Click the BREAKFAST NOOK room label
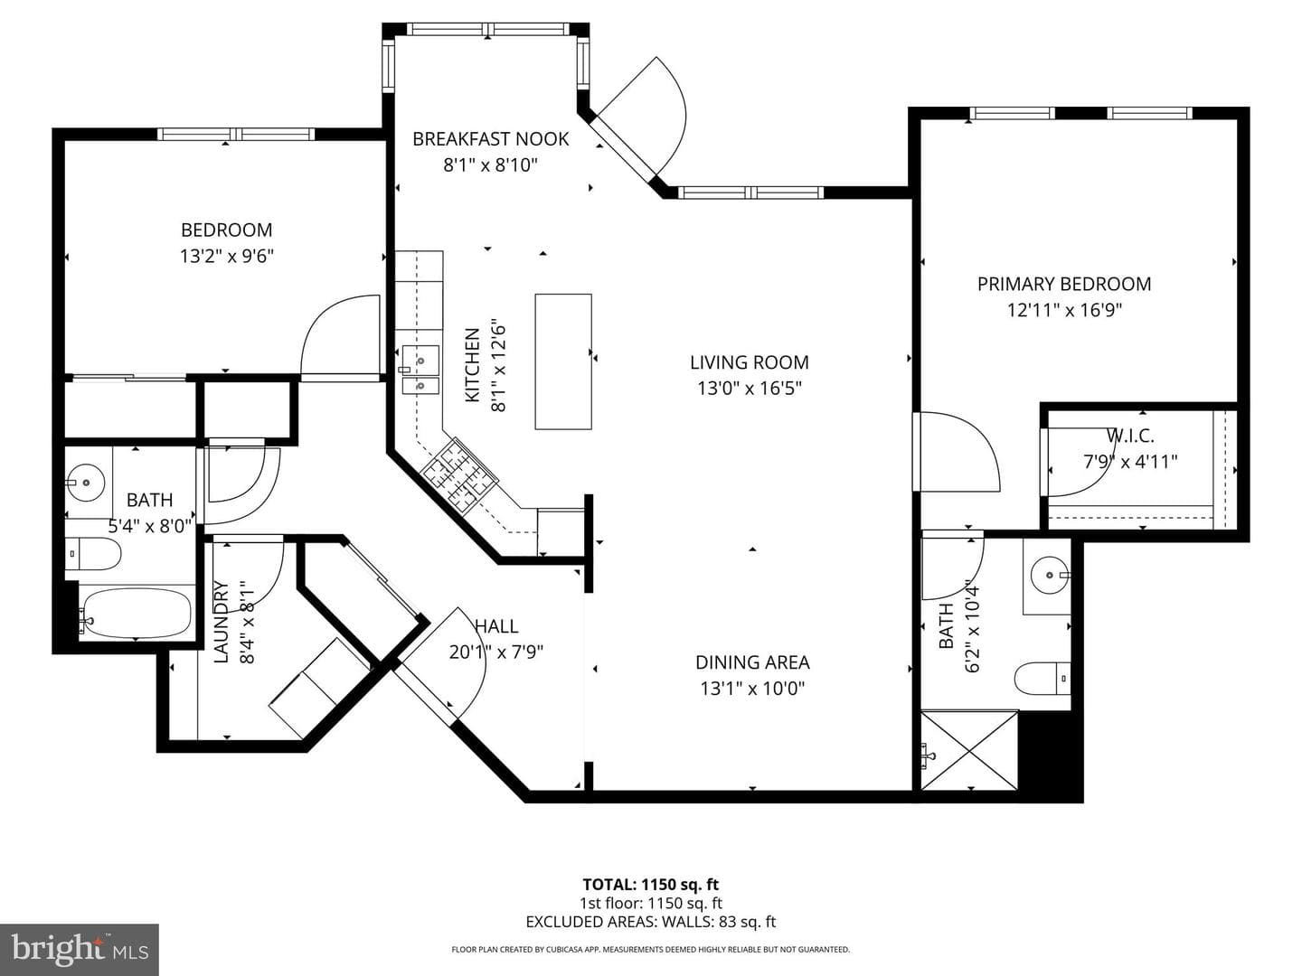(491, 138)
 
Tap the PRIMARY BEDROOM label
(1064, 284)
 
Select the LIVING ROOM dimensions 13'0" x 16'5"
(750, 389)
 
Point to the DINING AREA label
(752, 662)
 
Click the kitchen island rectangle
(563, 361)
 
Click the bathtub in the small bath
(137, 613)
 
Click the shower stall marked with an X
(969, 750)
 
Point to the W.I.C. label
(1130, 436)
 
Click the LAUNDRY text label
(221, 622)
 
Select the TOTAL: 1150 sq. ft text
(651, 885)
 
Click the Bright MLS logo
(80, 949)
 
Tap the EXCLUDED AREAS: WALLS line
(651, 922)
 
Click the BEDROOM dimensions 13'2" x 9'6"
(227, 256)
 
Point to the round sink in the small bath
(85, 483)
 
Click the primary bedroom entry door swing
(957, 451)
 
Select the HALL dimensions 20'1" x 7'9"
(495, 652)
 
